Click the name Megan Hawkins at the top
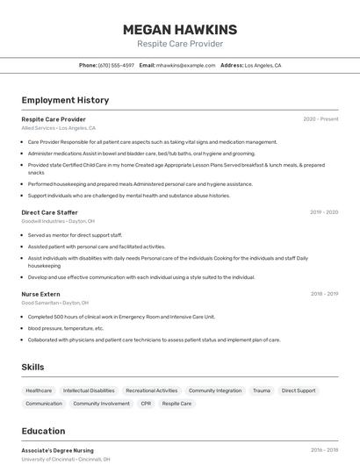click(180, 30)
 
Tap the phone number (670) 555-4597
click(116, 65)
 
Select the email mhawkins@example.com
click(185, 65)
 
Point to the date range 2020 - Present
click(320, 119)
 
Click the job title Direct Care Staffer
click(49, 212)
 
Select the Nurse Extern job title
click(40, 294)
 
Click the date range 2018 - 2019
click(324, 294)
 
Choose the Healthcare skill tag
click(39, 390)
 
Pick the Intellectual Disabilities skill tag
click(89, 390)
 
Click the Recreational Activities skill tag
click(151, 390)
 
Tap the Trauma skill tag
click(262, 390)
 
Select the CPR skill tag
click(146, 404)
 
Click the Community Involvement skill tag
click(101, 404)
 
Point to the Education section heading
click(43, 431)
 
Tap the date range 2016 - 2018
click(324, 450)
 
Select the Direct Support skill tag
click(299, 390)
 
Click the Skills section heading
click(32, 367)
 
